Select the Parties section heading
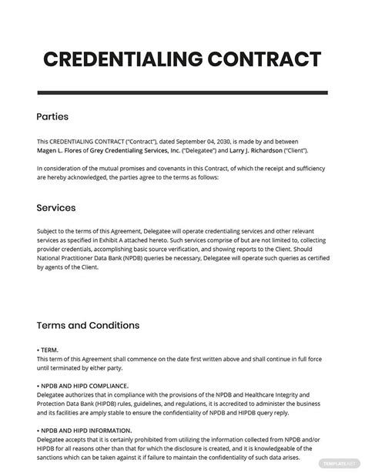52,117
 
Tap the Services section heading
56,207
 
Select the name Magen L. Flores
62,153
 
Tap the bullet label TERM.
51,350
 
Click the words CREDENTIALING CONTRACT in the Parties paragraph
88,143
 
